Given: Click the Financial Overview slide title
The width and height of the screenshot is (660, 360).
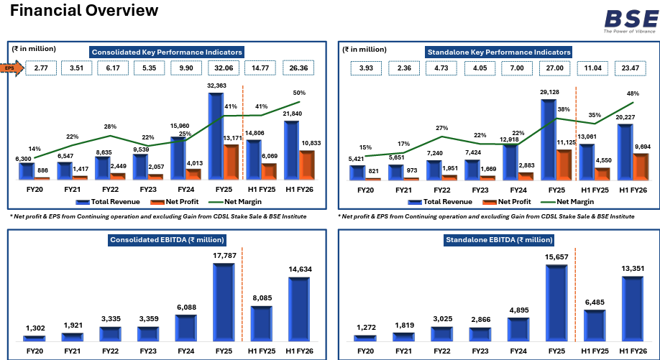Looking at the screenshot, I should coord(84,11).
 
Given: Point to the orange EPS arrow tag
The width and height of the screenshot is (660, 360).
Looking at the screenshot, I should coord(11,68).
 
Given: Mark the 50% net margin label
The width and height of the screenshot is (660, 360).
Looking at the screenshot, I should coord(300,93).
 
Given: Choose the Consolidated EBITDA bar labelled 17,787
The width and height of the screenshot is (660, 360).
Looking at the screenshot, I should coord(224,303).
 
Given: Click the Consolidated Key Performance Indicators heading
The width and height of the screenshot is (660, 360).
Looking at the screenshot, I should coord(166,52).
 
